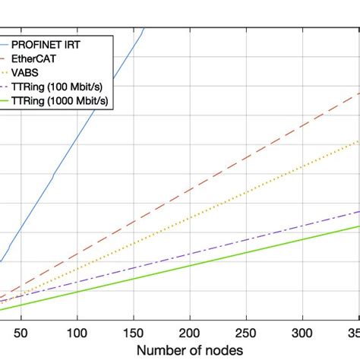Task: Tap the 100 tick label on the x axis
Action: pyautogui.click(x=77, y=332)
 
